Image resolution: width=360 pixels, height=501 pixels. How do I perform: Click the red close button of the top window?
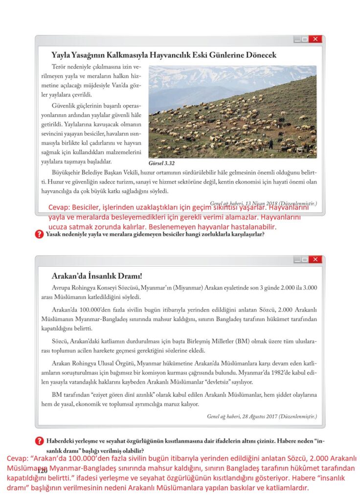[x=315, y=39]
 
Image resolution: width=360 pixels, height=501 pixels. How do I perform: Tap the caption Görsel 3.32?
[x=161, y=163]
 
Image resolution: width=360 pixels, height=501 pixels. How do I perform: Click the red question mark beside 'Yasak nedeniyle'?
[x=39, y=234]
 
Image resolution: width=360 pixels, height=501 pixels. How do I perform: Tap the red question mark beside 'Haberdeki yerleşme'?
[x=39, y=441]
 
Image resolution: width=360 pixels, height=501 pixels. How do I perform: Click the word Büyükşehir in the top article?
[x=67, y=173]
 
